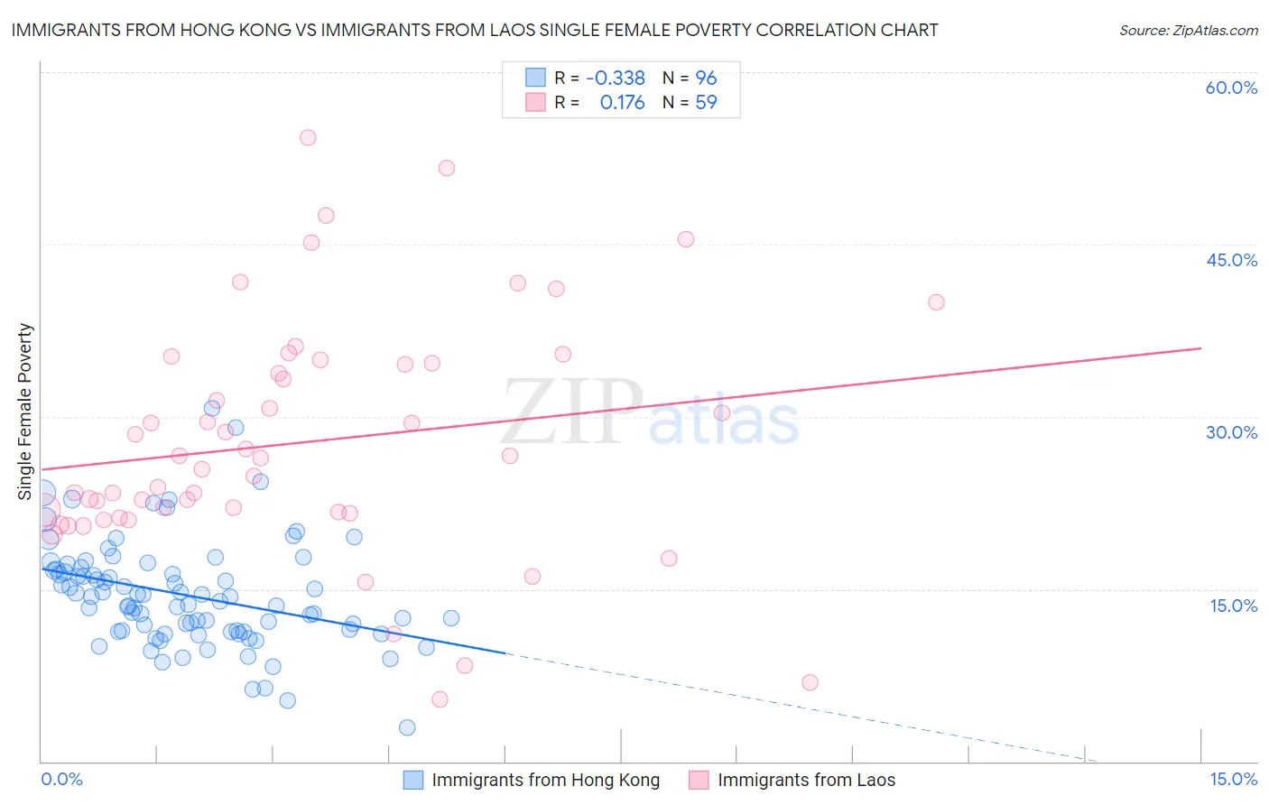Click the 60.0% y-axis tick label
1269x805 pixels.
(1231, 88)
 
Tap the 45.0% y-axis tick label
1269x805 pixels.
(1231, 260)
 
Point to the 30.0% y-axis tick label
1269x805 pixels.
(1231, 432)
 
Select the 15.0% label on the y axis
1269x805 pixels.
(1233, 606)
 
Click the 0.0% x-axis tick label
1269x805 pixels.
(61, 779)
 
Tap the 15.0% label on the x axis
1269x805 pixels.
(1233, 779)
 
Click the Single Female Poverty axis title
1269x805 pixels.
(25, 412)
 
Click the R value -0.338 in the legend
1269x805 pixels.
(616, 79)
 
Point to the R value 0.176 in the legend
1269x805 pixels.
(623, 103)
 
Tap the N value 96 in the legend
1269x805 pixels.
(706, 79)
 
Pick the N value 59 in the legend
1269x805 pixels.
(706, 103)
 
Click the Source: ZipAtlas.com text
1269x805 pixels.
(1189, 30)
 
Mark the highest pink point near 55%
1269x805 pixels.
(308, 138)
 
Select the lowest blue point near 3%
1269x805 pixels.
(407, 727)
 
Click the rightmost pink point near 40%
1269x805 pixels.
(936, 302)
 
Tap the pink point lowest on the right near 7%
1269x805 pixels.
(810, 682)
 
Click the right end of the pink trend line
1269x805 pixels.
(1201, 348)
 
